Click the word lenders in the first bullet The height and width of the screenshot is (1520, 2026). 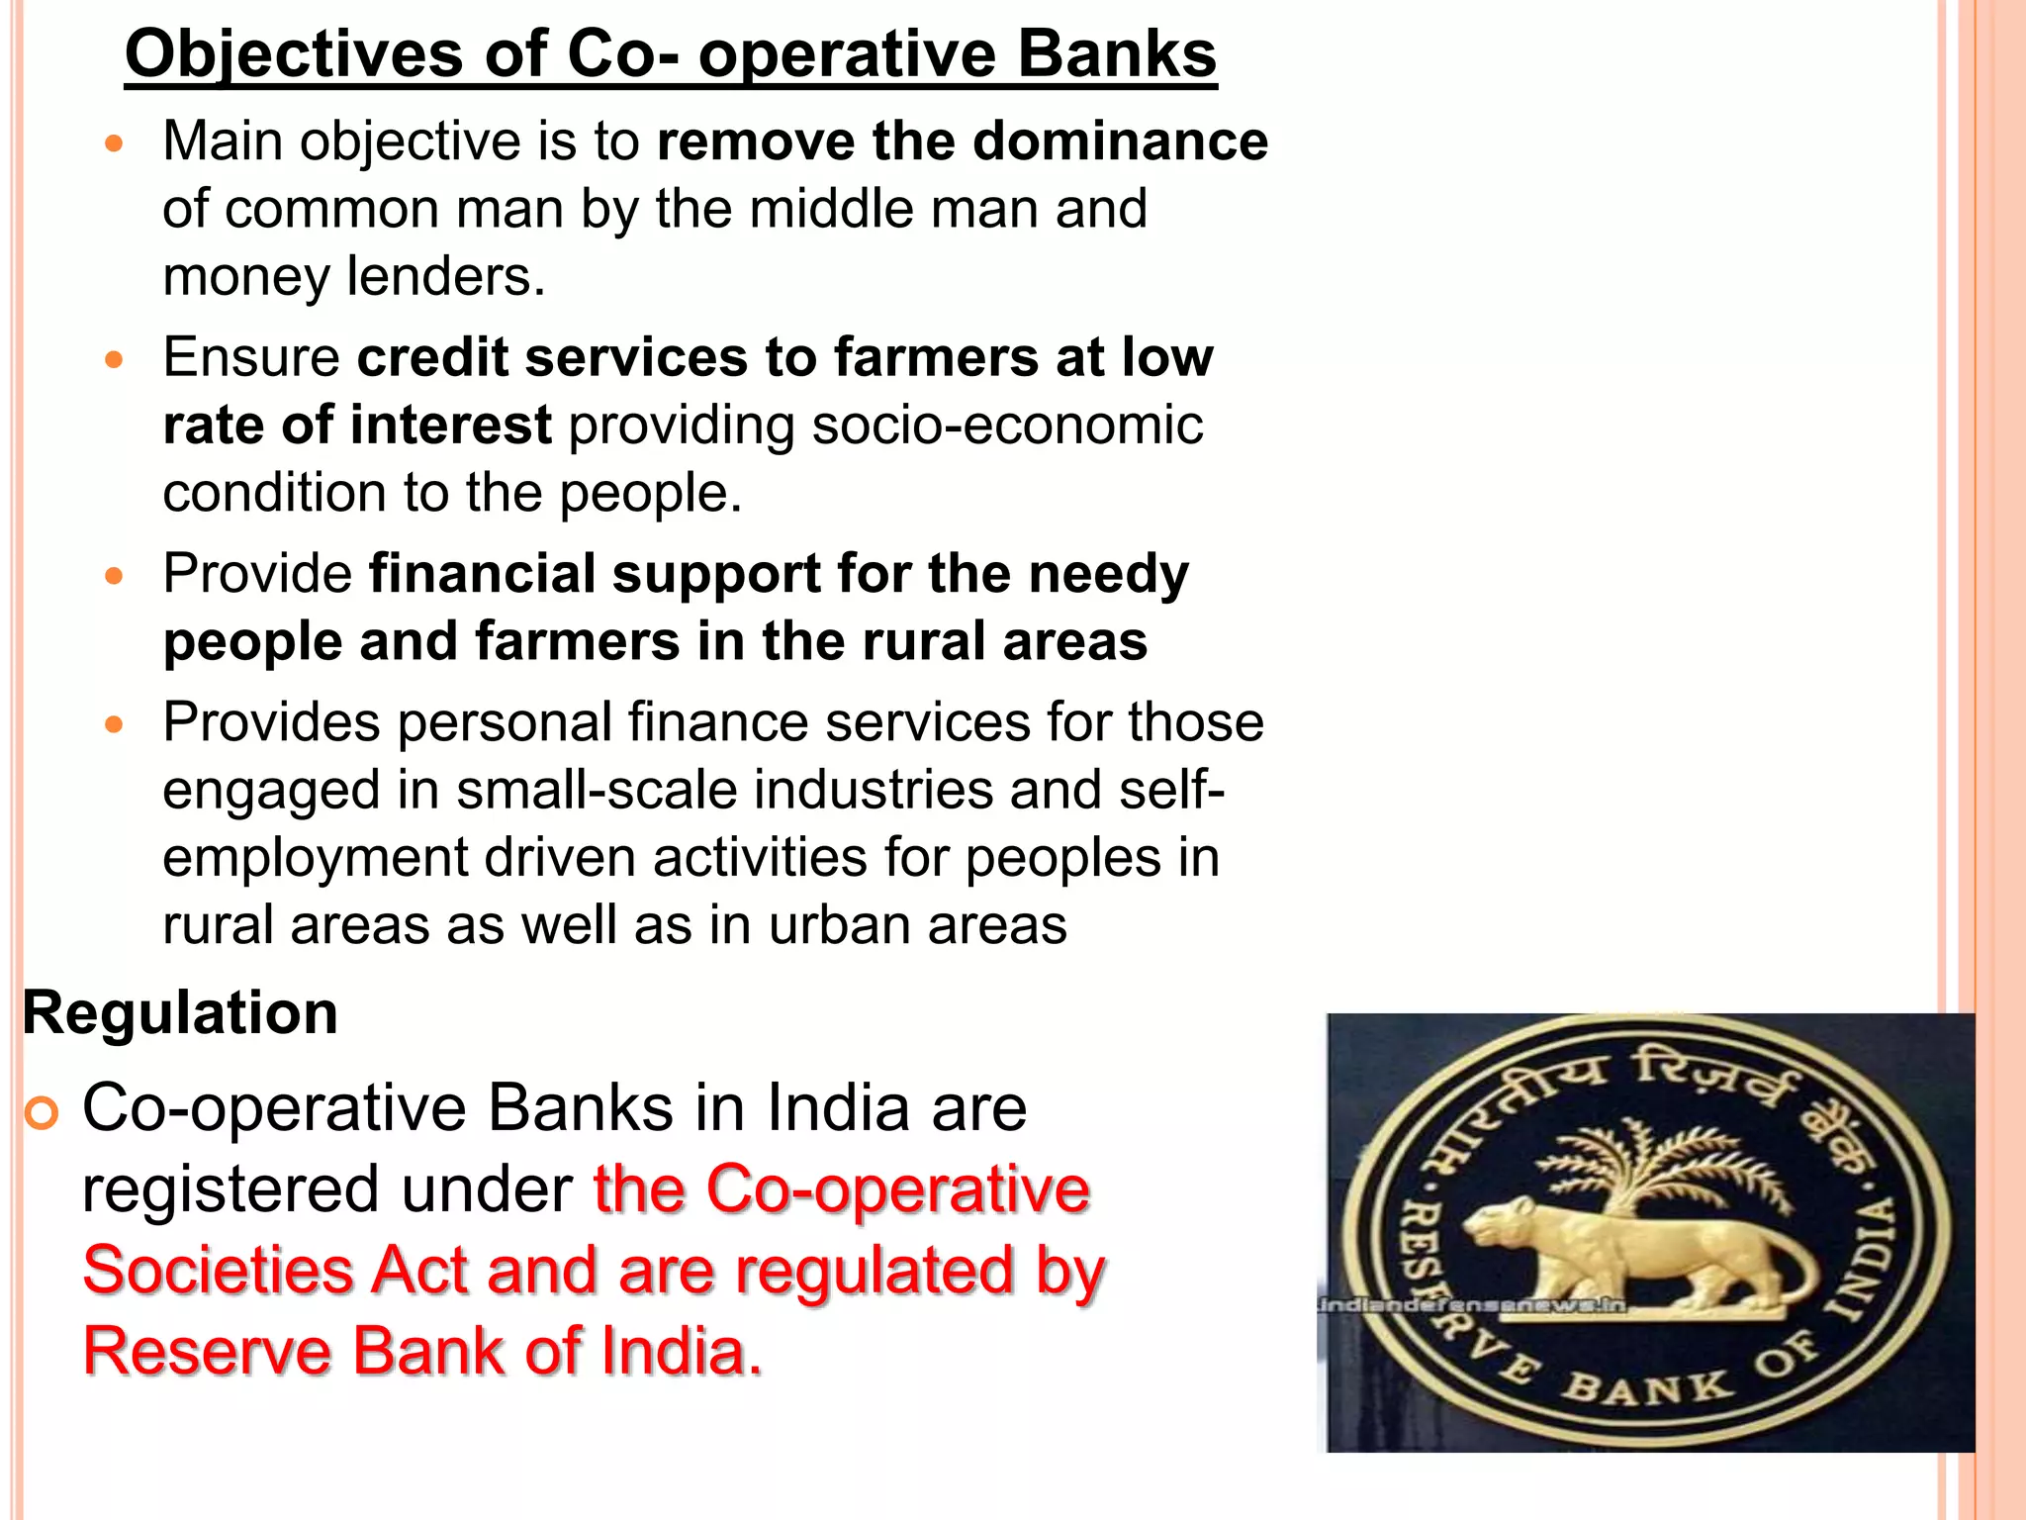pos(445,276)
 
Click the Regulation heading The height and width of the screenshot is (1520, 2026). pos(180,1013)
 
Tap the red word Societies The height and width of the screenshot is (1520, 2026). pos(218,1271)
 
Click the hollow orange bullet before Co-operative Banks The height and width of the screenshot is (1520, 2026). pos(42,1114)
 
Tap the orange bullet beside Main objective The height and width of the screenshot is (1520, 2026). pos(115,144)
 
